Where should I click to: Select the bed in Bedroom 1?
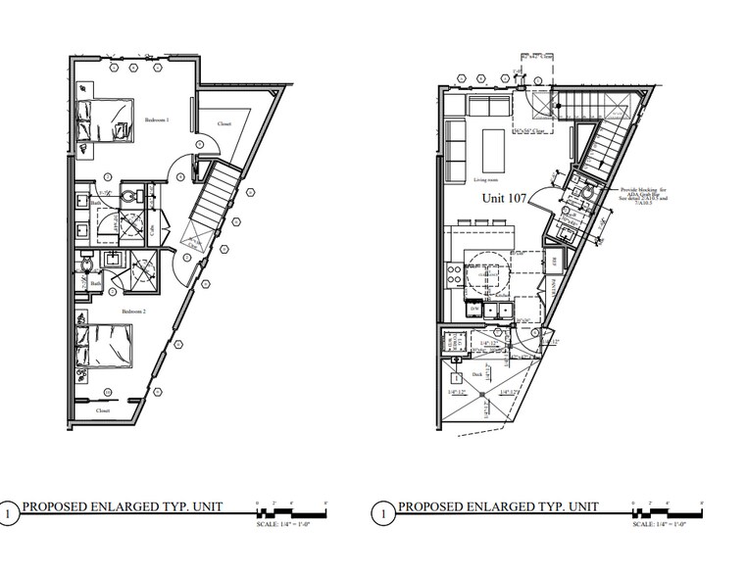coord(104,121)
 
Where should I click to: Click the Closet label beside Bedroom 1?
coord(224,125)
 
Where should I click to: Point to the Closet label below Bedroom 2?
coord(103,412)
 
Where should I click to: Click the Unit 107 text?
coord(505,198)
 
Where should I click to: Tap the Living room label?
coord(486,180)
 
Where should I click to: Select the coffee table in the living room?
coord(492,147)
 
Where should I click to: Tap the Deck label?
coord(477,373)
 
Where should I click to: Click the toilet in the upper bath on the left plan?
coord(129,193)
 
